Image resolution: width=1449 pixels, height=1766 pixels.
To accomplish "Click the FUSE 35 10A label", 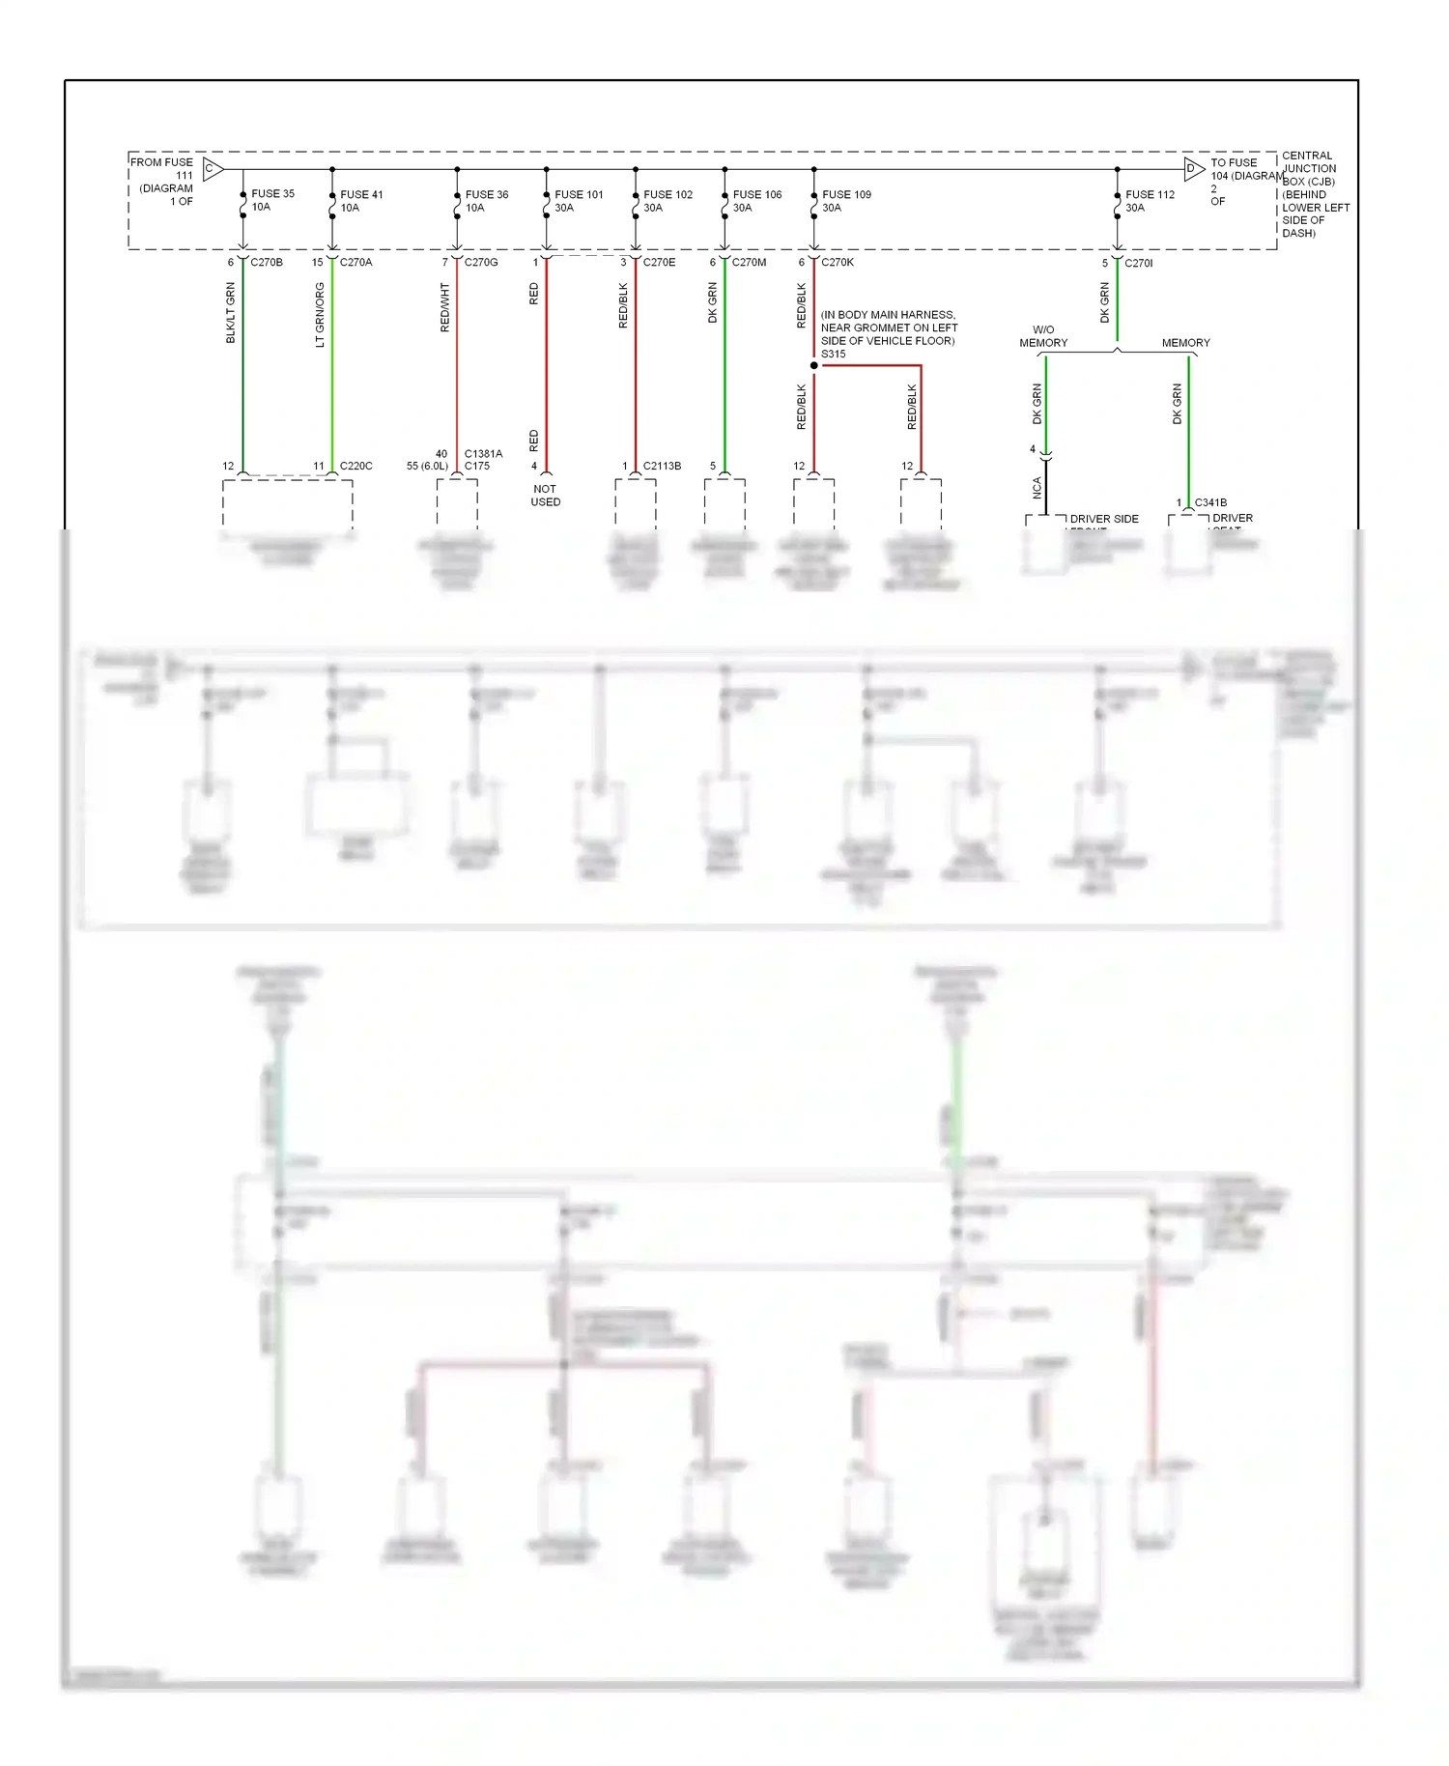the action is tap(272, 200).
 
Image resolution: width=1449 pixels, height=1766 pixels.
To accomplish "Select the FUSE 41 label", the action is tap(361, 194).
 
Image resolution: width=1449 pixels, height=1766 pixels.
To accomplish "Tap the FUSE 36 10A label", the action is tap(486, 201).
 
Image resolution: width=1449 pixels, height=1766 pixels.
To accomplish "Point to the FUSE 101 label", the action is tap(579, 194).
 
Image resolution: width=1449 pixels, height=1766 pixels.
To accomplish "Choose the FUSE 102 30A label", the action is tap(668, 201).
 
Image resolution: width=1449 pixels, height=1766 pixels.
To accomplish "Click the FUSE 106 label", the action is tap(756, 194).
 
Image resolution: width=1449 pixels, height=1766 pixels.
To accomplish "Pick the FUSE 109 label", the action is tap(846, 194).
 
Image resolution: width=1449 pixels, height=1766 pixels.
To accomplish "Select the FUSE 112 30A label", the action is tap(1150, 201).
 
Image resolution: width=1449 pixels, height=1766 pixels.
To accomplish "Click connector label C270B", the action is tap(267, 262).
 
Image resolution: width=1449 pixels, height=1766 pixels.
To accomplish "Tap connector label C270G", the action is tap(481, 262).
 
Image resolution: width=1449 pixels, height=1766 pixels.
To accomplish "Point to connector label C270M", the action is tap(749, 262).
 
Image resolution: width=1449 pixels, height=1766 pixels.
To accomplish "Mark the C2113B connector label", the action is tap(662, 466).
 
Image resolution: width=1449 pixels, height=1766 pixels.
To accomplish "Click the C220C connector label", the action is tap(355, 466).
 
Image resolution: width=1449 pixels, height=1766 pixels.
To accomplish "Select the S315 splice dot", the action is tap(814, 365).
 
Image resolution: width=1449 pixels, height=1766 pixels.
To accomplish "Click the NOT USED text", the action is tap(545, 496).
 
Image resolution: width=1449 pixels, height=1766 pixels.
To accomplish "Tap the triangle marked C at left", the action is tap(213, 169).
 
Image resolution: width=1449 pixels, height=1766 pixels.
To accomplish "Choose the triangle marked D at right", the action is tap(1194, 169).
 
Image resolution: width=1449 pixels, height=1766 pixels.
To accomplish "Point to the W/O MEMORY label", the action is tap(1043, 336).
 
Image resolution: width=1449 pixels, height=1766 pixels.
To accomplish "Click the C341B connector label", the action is tap(1210, 502).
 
